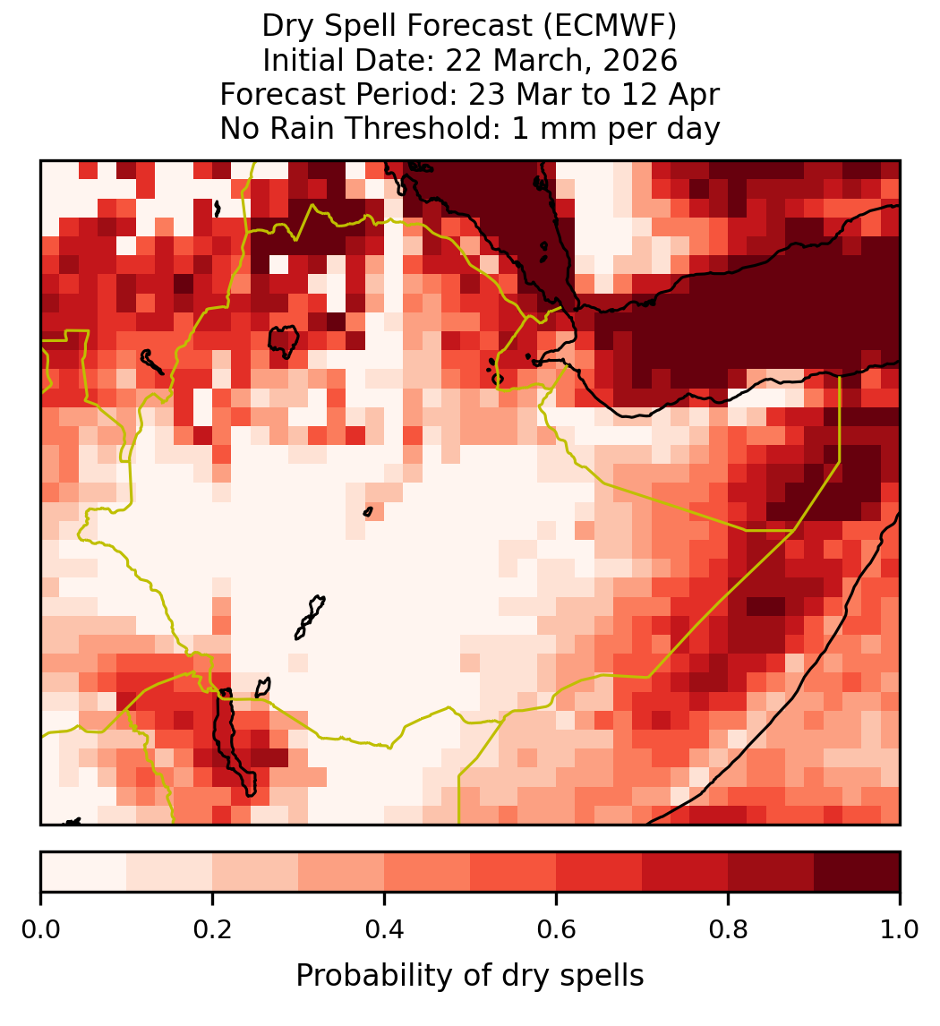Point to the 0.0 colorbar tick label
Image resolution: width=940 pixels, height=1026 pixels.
(x=41, y=929)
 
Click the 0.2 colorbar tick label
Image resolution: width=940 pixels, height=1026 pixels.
(x=212, y=929)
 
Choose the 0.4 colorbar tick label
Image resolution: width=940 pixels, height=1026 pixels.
(x=385, y=929)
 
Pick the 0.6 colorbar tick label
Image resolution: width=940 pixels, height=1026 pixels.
(x=557, y=929)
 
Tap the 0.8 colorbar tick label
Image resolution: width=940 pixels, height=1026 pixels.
(x=728, y=929)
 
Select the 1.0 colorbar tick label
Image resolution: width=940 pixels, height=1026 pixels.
(x=900, y=929)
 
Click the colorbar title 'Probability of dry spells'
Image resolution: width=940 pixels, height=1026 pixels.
(x=470, y=976)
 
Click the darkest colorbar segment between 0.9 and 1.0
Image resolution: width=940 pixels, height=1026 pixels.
(x=857, y=872)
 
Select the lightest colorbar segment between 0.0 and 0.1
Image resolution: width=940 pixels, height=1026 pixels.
(x=84, y=872)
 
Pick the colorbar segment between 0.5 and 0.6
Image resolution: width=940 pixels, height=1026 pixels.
(x=514, y=872)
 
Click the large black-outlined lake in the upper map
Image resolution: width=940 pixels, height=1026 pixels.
(x=283, y=342)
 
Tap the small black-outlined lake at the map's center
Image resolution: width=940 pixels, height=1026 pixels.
(x=368, y=512)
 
